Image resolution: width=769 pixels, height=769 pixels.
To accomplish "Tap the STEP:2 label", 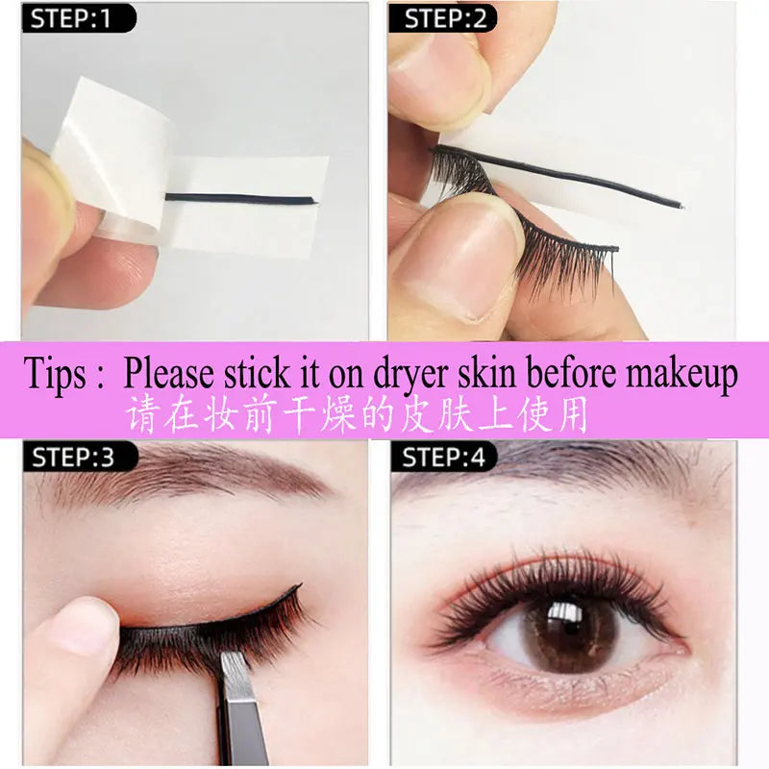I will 443,17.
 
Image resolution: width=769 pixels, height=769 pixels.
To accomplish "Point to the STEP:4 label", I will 443,457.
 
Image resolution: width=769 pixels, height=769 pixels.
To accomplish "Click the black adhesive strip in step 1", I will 240,199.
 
